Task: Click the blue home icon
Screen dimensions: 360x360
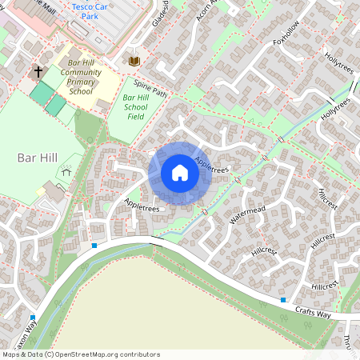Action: coord(180,173)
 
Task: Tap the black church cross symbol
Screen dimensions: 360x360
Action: coord(38,72)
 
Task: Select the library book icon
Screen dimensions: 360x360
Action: coord(134,61)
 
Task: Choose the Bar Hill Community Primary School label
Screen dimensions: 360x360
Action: coord(84,76)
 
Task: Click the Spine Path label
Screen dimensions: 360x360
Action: coord(150,89)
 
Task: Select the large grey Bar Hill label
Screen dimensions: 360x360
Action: coord(37,158)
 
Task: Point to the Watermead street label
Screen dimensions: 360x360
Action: coord(247,214)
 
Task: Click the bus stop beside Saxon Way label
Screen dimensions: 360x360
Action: coord(33,317)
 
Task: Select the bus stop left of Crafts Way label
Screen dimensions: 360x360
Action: coord(283,300)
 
